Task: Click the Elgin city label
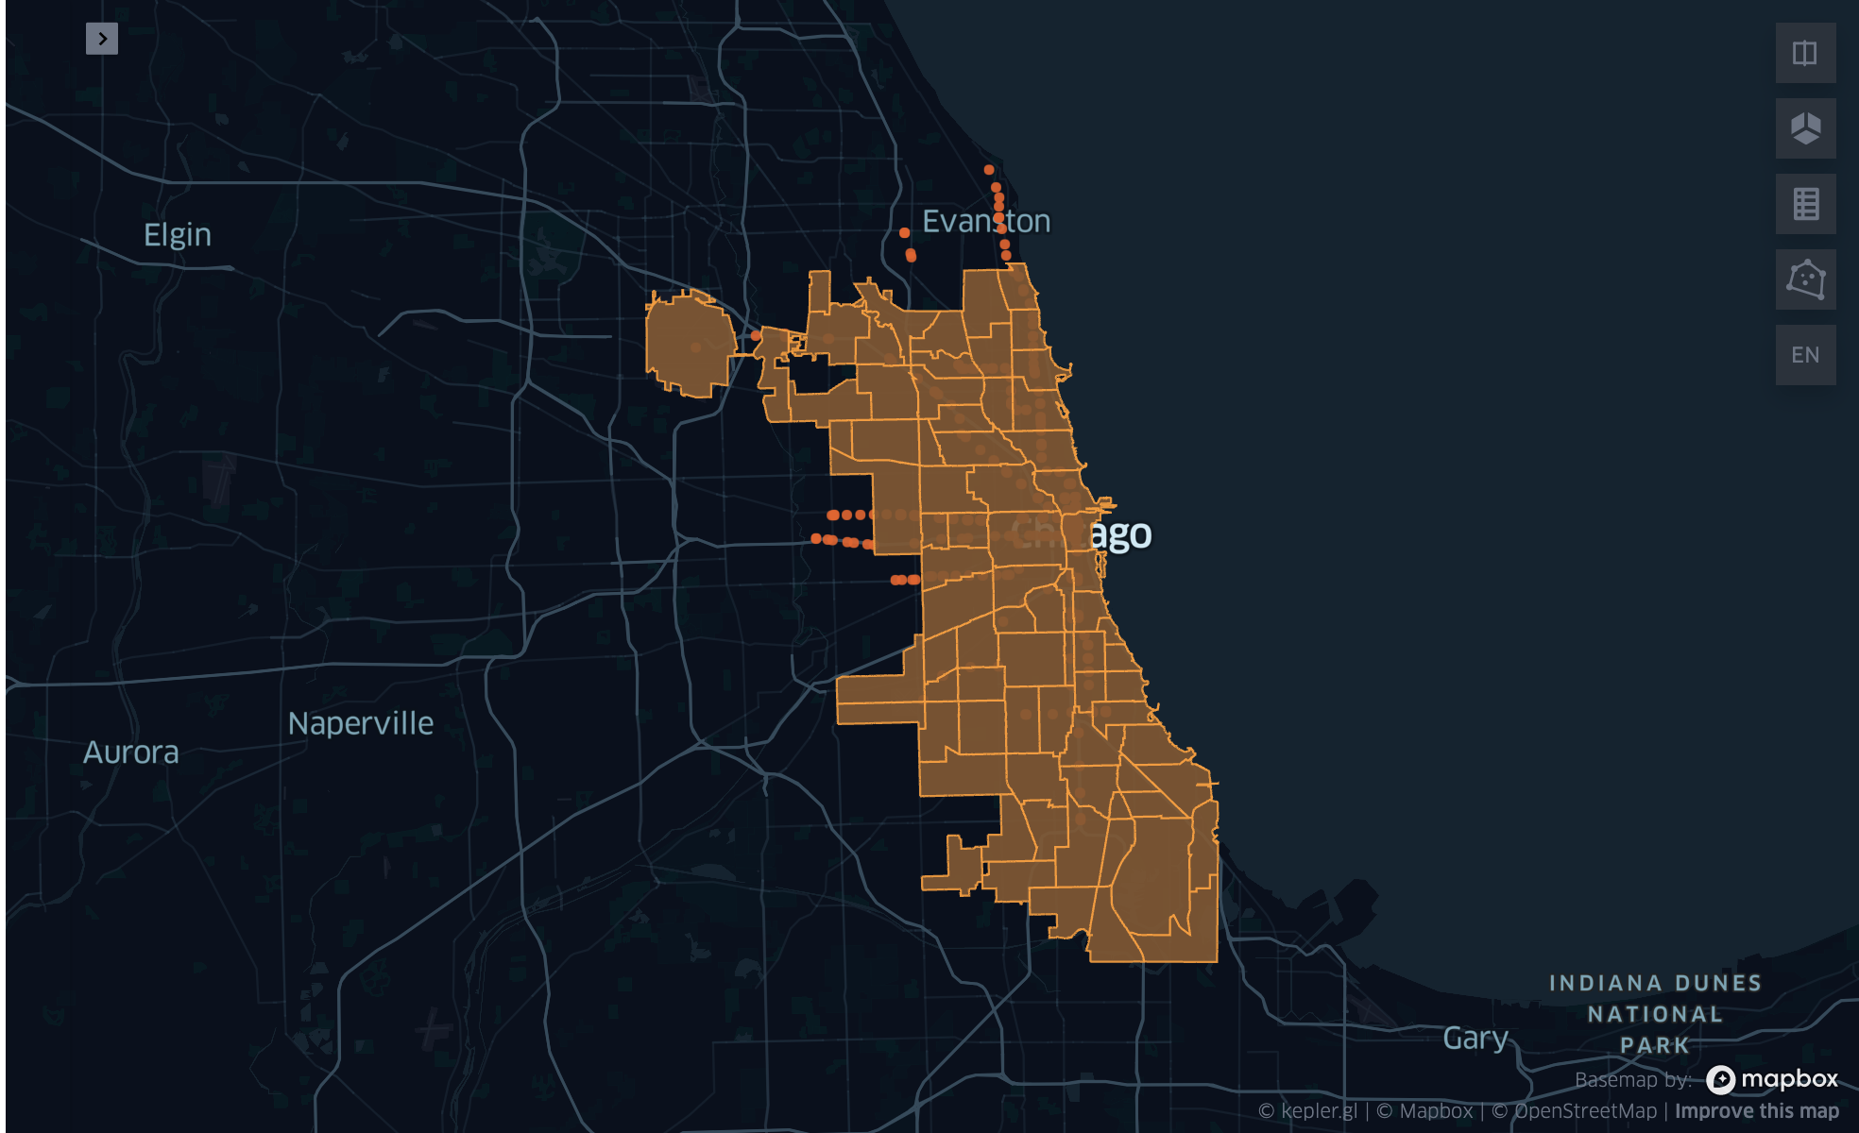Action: pos(178,235)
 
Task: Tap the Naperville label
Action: pos(361,724)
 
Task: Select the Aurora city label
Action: pos(130,753)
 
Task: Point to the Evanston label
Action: pos(985,221)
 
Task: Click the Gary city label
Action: pos(1475,1039)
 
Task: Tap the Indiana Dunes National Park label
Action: pos(1655,1014)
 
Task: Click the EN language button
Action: pos(1805,355)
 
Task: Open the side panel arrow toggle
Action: pos(102,39)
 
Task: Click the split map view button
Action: pos(1805,53)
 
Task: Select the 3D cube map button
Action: pos(1805,128)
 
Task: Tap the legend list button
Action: pos(1805,204)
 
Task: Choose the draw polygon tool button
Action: pos(1805,279)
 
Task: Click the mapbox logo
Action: pos(1772,1079)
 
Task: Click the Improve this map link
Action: pos(1756,1111)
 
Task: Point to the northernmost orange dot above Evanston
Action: pos(989,170)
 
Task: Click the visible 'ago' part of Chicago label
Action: pos(1120,535)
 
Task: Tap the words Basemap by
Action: pos(1632,1080)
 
